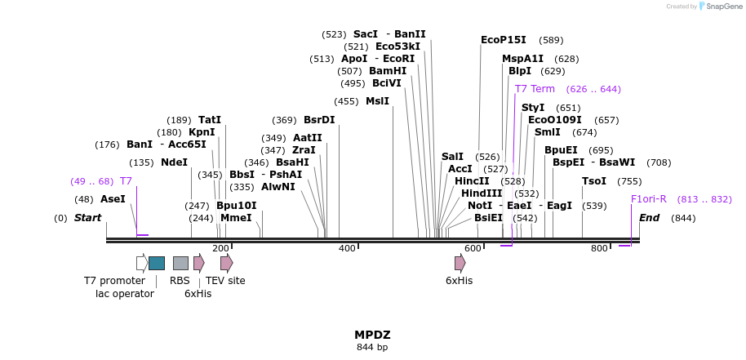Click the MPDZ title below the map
[x=372, y=335]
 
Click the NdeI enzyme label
[x=174, y=162]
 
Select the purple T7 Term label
[x=535, y=89]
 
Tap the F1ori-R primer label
[x=648, y=199]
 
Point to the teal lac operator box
[x=157, y=263]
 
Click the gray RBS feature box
[x=180, y=263]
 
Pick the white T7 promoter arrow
[x=142, y=263]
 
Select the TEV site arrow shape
[x=226, y=263]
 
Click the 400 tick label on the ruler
[x=347, y=248]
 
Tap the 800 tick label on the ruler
[x=599, y=248]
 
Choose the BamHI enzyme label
[x=388, y=71]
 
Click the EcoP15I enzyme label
[x=504, y=40]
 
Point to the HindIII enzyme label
[x=482, y=193]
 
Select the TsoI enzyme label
[x=594, y=181]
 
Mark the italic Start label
[x=87, y=218]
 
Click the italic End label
[x=649, y=218]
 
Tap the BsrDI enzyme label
[x=319, y=120]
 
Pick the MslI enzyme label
[x=377, y=101]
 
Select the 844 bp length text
[x=372, y=348]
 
